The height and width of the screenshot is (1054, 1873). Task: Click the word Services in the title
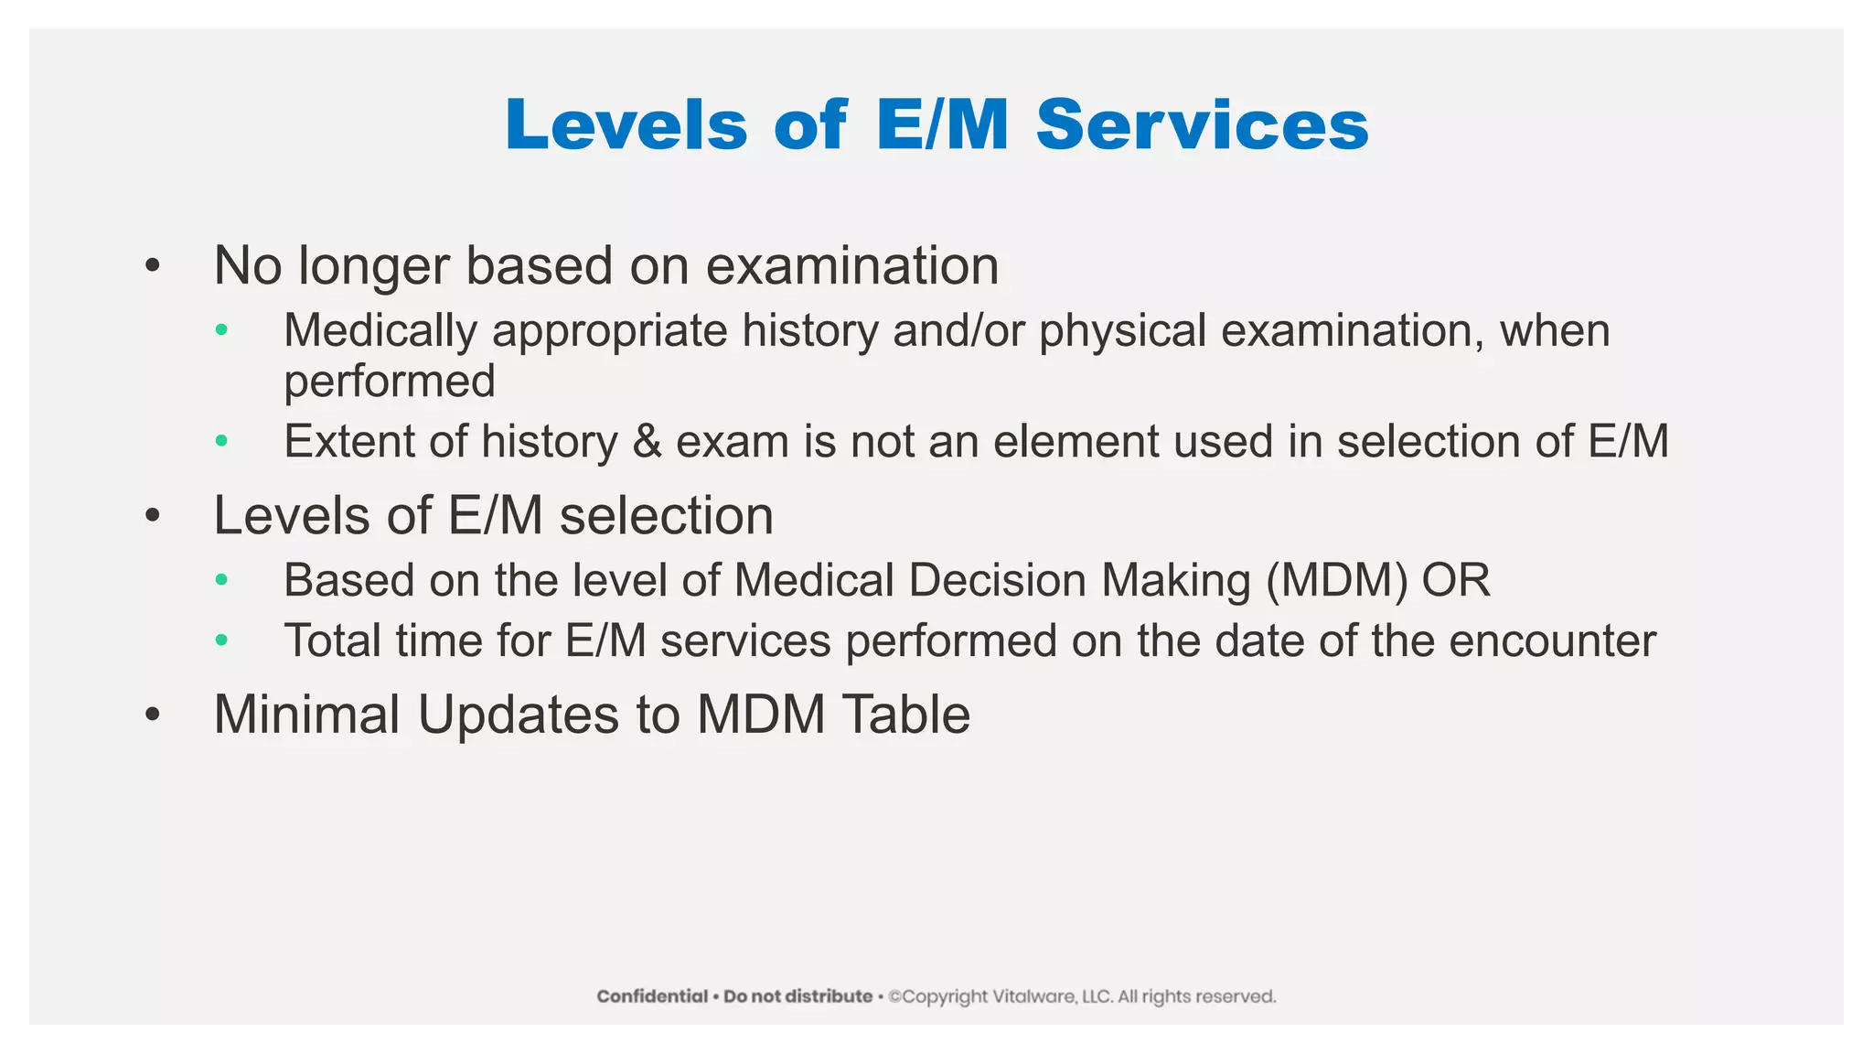point(1202,124)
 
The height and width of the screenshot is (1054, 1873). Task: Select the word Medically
point(380,331)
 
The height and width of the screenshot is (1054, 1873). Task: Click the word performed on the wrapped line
point(389,382)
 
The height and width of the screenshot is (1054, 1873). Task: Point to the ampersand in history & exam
point(647,442)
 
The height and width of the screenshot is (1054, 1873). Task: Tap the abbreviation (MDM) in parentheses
point(1336,581)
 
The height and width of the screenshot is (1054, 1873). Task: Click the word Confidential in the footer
point(652,996)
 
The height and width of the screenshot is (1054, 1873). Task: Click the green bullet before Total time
point(221,640)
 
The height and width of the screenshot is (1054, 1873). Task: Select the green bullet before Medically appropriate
point(221,330)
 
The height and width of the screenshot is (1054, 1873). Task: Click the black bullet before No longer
point(153,267)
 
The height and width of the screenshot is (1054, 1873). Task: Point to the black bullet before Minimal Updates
point(153,715)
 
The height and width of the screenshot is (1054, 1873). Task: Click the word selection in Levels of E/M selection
point(666,516)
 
